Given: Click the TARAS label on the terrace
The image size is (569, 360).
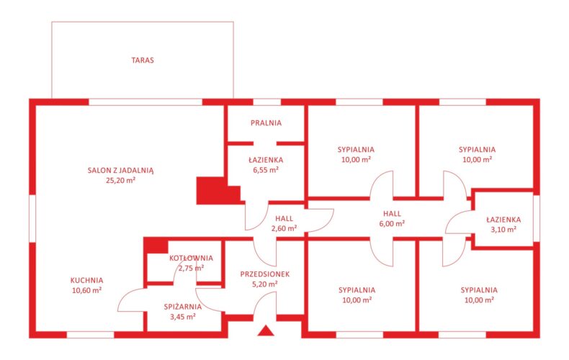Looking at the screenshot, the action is [143, 60].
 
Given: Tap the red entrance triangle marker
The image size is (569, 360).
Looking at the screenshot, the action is [266, 330].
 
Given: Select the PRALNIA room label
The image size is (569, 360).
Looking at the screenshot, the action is [266, 123].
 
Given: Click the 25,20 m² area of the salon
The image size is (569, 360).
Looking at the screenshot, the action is [120, 180].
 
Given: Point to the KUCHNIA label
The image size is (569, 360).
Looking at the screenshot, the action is [86, 281].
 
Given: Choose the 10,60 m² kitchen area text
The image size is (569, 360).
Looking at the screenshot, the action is [86, 290].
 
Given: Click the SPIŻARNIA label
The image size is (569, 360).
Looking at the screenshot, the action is [183, 307].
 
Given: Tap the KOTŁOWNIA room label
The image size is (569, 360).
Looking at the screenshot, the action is [192, 258].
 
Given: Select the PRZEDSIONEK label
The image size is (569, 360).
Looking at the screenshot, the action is [265, 274].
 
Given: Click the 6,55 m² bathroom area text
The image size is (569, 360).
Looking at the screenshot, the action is [266, 170].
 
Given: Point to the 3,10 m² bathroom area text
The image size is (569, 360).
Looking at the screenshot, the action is [503, 230].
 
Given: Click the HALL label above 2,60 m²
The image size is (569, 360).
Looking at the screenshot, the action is [284, 218].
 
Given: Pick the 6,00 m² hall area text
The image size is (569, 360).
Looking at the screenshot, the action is [392, 223].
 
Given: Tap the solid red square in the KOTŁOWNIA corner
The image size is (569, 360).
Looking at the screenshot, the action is [156, 246].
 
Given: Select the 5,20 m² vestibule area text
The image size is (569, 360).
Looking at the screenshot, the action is [265, 284].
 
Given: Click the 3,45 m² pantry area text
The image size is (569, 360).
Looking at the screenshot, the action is [183, 317].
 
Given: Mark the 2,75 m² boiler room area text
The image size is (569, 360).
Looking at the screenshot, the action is [192, 268].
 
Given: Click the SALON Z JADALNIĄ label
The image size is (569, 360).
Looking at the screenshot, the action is [120, 170].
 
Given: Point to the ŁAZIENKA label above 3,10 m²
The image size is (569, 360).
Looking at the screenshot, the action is [503, 220].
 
